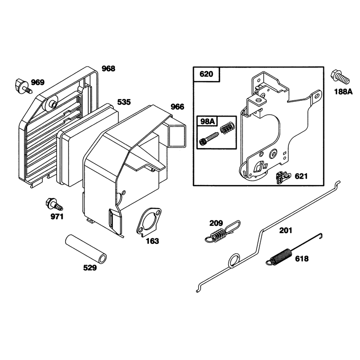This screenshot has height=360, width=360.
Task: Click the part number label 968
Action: pyautogui.click(x=108, y=68)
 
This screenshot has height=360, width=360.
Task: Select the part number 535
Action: pyautogui.click(x=124, y=102)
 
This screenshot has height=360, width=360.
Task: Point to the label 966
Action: pyautogui.click(x=177, y=107)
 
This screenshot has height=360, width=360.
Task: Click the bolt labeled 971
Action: pyautogui.click(x=54, y=204)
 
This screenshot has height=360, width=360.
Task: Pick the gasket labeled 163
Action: pyautogui.click(x=149, y=222)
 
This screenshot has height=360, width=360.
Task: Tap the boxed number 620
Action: pyautogui.click(x=206, y=74)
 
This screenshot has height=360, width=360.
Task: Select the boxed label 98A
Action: pyautogui.click(x=207, y=121)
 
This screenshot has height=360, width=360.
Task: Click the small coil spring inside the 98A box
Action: pyautogui.click(x=227, y=128)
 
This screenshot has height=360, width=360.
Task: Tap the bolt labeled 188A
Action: pyautogui.click(x=340, y=77)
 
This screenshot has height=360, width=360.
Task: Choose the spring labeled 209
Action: pyautogui.click(x=223, y=232)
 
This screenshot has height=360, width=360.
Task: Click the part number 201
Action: pyautogui.click(x=286, y=230)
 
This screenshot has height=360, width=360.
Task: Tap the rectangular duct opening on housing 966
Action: pyautogui.click(x=177, y=136)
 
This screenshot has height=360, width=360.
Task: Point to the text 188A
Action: pyautogui.click(x=343, y=92)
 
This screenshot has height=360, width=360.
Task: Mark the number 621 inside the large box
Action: pyautogui.click(x=301, y=176)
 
